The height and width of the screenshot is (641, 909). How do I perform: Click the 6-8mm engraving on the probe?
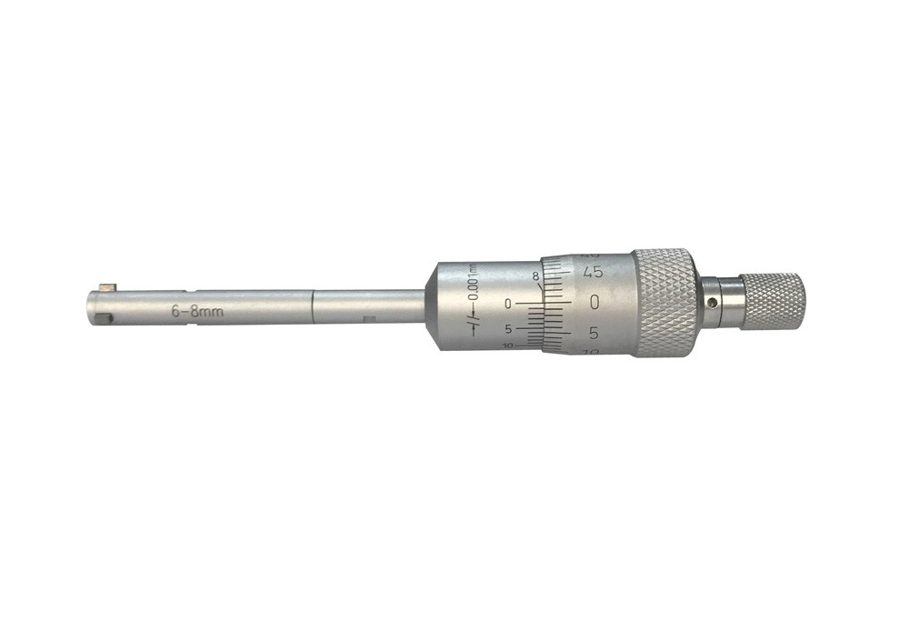(197, 311)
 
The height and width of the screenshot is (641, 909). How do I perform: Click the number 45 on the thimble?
(594, 272)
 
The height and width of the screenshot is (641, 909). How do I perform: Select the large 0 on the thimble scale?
(594, 302)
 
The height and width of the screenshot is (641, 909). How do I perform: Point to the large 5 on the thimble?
(594, 333)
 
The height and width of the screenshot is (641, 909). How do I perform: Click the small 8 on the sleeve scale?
(535, 275)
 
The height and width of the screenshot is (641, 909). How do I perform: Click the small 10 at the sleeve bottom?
(506, 346)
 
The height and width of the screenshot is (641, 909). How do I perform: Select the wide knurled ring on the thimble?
(664, 302)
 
